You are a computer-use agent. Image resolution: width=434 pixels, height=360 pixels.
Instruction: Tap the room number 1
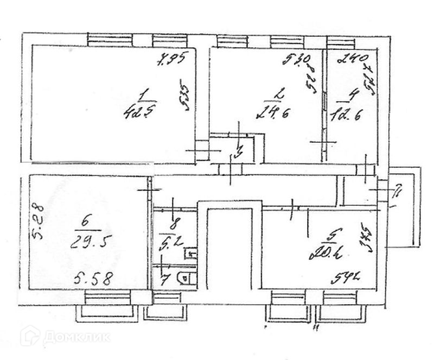143,96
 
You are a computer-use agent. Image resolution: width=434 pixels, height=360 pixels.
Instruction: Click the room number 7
167,280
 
